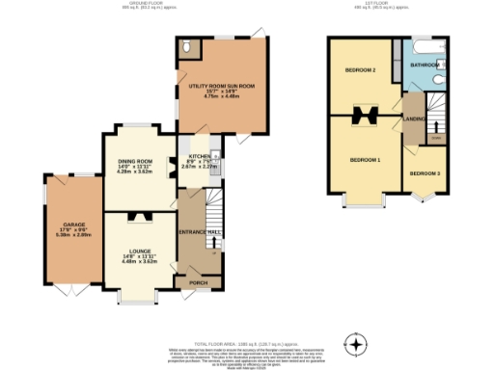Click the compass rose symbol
point(357,344)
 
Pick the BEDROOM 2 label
point(360,70)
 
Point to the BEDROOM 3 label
point(424,173)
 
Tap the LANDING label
point(414,119)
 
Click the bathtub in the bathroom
point(425,47)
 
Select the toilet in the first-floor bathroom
point(438,81)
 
